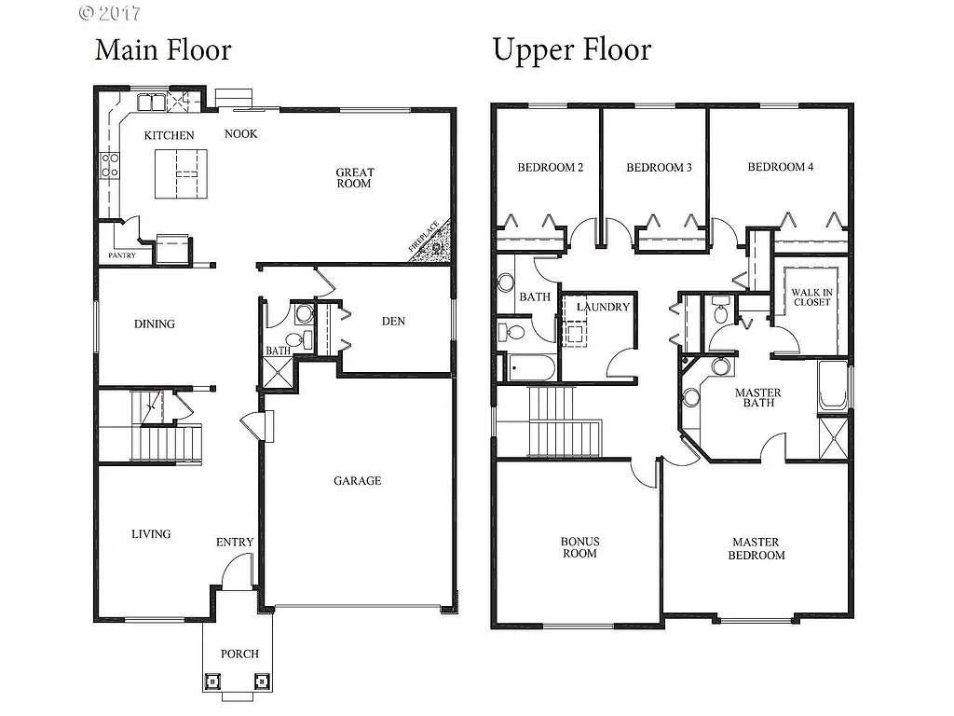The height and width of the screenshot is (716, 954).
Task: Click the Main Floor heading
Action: tap(162, 49)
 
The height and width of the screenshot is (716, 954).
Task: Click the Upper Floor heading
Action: tap(571, 49)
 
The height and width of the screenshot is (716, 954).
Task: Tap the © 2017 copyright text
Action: tap(109, 13)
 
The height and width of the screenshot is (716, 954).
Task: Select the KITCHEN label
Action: tap(170, 135)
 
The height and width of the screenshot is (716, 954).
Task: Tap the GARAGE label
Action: tap(358, 481)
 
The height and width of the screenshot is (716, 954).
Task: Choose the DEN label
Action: tap(393, 322)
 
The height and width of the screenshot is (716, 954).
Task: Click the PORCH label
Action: tap(239, 654)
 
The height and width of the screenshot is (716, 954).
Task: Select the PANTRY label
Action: tap(122, 255)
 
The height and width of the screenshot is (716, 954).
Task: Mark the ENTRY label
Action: tap(235, 543)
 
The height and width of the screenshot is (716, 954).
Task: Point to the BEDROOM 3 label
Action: tap(659, 168)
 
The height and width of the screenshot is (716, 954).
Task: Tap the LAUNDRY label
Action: tap(603, 307)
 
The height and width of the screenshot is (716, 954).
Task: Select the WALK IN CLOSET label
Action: tap(811, 296)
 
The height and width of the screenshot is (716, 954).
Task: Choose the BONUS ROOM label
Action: tap(579, 547)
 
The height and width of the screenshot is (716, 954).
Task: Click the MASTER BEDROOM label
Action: tap(756, 548)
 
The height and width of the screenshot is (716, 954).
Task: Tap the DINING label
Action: tap(155, 324)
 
